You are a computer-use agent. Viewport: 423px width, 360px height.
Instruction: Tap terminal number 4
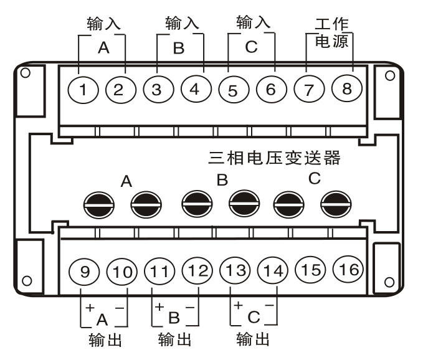click(x=195, y=89)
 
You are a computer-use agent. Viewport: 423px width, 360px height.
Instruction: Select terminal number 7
click(x=308, y=89)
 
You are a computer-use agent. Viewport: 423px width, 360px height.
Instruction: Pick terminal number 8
click(x=347, y=89)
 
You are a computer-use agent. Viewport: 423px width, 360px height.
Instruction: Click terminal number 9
click(x=86, y=272)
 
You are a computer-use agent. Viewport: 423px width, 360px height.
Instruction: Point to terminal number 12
click(x=197, y=271)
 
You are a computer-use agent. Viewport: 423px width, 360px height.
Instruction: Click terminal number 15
click(x=310, y=270)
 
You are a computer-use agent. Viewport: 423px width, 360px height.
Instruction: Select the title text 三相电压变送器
click(x=275, y=158)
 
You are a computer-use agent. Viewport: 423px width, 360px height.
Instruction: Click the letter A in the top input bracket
click(x=103, y=49)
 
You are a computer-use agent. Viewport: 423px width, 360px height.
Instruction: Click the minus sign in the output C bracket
click(x=269, y=305)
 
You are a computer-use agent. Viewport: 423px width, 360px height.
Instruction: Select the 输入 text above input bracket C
click(x=253, y=23)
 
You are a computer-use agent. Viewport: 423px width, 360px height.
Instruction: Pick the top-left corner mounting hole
click(x=26, y=73)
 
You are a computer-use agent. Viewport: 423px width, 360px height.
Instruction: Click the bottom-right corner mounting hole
click(x=391, y=284)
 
